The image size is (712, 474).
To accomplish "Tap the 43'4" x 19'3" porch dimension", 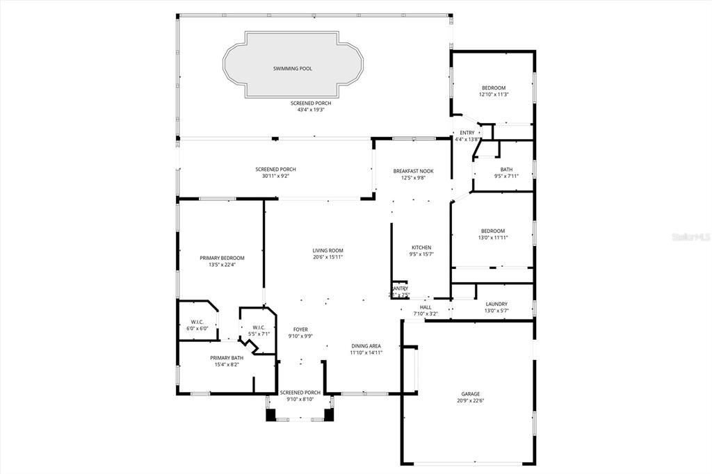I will coord(311,110).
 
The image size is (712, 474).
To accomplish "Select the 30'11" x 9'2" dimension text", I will coord(276,177).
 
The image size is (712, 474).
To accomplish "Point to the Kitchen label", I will coord(421,247).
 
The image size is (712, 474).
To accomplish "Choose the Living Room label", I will coord(327,250).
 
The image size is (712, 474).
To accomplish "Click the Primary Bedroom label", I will coord(222,258).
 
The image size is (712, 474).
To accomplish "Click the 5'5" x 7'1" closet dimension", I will coord(258,334).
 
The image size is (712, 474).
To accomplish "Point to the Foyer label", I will coord(300,329).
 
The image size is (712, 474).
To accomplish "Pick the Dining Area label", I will coord(366,345).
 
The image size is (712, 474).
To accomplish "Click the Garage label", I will coord(470,393).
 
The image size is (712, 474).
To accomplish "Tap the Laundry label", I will coord(496,304).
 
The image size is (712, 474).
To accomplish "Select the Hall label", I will coord(426,307).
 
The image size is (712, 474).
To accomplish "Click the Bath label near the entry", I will coord(506,169).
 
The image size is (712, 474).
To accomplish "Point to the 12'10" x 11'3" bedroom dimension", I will coord(494,95).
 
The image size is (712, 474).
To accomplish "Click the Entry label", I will coord(467,133).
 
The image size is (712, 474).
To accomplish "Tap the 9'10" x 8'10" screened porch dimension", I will coord(300,399).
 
